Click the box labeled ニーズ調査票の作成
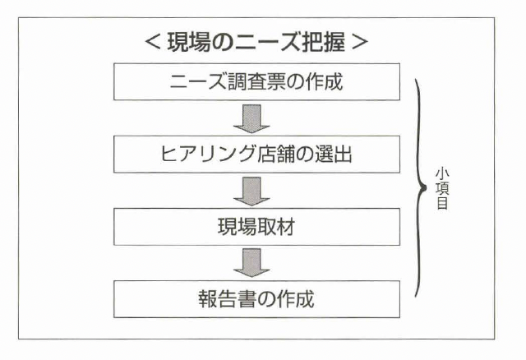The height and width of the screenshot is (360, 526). (x=256, y=82)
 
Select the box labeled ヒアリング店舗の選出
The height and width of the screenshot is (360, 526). (x=256, y=155)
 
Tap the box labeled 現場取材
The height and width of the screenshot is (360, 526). (x=256, y=227)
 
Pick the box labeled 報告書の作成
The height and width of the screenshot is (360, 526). (x=256, y=299)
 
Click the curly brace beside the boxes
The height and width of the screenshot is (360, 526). (x=421, y=189)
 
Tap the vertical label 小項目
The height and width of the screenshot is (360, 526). (x=441, y=189)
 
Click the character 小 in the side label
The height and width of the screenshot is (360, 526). (x=441, y=174)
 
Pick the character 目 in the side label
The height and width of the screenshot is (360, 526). (x=441, y=204)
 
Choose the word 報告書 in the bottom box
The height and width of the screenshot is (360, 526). (x=227, y=299)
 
